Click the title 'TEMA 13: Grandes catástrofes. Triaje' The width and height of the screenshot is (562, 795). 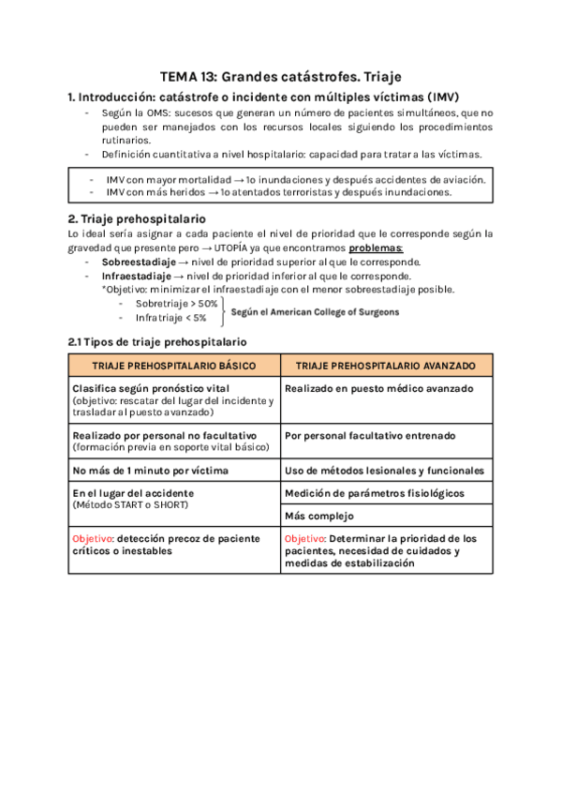tap(281, 77)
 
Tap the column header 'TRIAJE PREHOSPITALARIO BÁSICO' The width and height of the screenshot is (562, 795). tap(174, 365)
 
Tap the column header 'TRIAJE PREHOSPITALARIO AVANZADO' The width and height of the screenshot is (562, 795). tap(386, 365)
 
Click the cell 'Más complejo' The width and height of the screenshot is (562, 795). tap(318, 515)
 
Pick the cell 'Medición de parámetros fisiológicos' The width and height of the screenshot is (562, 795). tap(375, 493)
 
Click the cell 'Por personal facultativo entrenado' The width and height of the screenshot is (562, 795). tap(370, 436)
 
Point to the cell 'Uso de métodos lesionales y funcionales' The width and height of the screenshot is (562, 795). tap(385, 471)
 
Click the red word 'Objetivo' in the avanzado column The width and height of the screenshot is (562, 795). tap(305, 539)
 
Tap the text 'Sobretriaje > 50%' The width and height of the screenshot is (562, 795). tap(176, 304)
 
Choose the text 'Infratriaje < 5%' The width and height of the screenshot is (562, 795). tap(170, 318)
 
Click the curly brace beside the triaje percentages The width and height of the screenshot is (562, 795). tap(223, 310)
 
